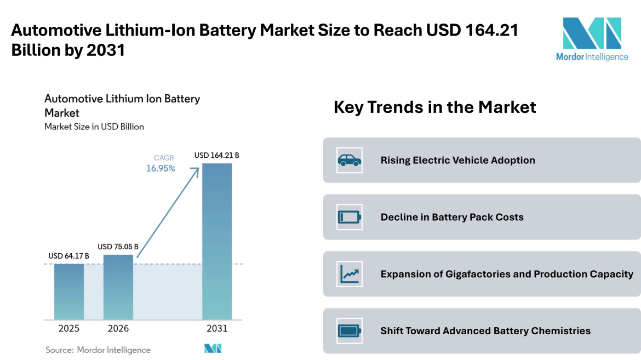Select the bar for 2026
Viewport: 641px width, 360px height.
pyautogui.click(x=118, y=287)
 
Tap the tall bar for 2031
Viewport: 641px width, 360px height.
pyautogui.click(x=217, y=241)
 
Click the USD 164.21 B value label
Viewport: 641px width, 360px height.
pyautogui.click(x=217, y=156)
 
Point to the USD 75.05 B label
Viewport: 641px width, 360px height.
pyautogui.click(x=118, y=247)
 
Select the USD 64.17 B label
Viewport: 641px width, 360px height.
pyautogui.click(x=69, y=256)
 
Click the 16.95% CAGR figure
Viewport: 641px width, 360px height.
pyautogui.click(x=161, y=169)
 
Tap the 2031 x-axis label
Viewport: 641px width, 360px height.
pyautogui.click(x=217, y=329)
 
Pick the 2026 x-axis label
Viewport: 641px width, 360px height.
pyautogui.click(x=118, y=329)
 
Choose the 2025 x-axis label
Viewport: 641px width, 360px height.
pyautogui.click(x=69, y=329)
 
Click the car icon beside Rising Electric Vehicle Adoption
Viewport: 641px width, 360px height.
pyautogui.click(x=350, y=160)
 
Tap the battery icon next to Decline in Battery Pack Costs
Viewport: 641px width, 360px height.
pyautogui.click(x=350, y=217)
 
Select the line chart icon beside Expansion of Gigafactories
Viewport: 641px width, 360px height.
pyautogui.click(x=350, y=274)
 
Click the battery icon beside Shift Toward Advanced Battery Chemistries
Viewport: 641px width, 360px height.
pyautogui.click(x=350, y=331)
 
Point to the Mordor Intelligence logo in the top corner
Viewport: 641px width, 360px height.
pyautogui.click(x=592, y=39)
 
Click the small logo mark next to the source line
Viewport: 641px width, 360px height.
pyautogui.click(x=213, y=348)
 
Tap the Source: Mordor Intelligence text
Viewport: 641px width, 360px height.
pyautogui.click(x=98, y=350)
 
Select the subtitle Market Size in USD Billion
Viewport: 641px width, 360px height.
pyautogui.click(x=94, y=127)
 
